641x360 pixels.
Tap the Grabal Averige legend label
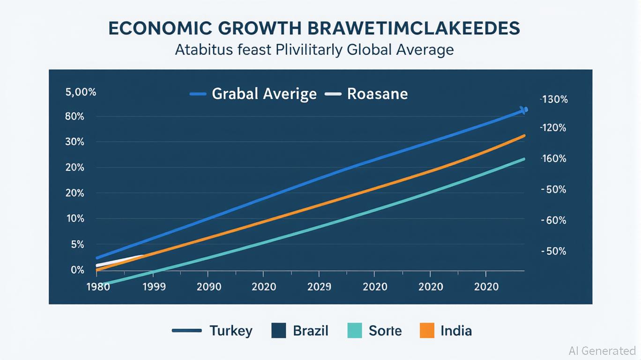point(264,94)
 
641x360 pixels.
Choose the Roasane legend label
point(377,94)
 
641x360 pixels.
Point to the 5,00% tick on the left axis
point(81,92)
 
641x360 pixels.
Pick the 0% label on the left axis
point(77,270)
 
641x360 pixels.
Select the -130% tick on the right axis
point(554,99)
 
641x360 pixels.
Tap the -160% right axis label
point(554,159)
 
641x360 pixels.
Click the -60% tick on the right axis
point(554,220)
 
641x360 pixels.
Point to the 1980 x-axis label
point(98,287)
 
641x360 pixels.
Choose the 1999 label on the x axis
point(153,287)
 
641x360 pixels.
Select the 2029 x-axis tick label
point(319,287)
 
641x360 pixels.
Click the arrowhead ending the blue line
point(524,110)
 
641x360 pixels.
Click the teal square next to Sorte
point(355,330)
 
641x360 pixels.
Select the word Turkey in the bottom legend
point(231,331)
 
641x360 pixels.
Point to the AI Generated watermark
point(602,351)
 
